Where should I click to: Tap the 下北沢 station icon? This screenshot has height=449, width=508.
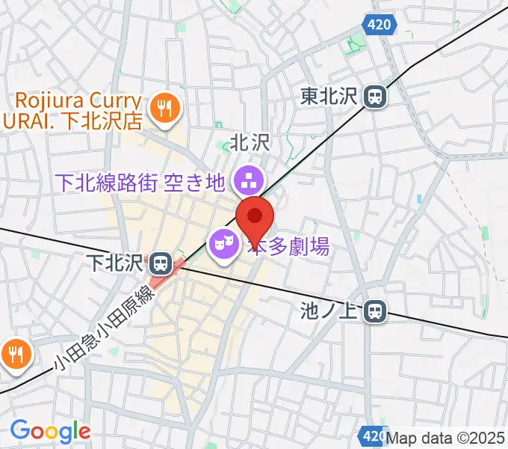159,263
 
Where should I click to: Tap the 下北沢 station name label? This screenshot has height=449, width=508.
114,263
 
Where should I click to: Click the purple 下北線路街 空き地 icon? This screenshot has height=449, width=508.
244,180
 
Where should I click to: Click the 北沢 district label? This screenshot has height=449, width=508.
250,142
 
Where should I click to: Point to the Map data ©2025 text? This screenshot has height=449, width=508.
445,436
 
